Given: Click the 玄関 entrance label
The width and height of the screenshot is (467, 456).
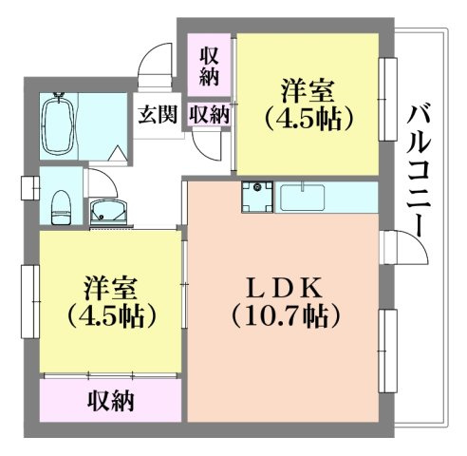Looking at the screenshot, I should click(158, 115).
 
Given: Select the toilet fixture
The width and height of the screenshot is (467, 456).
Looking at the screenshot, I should click(61, 202).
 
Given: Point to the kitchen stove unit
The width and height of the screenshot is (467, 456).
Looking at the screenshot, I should click(255, 198).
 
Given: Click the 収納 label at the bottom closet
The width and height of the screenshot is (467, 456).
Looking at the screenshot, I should click(110, 400).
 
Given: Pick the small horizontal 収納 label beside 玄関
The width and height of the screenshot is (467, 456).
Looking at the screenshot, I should click(209, 115).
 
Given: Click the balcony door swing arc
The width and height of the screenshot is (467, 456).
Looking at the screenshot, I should click(403, 249).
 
